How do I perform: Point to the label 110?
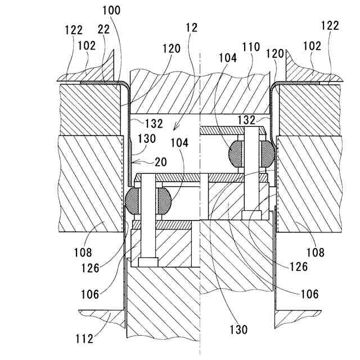tap(250, 47)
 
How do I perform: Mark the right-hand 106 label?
tap(309, 294)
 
